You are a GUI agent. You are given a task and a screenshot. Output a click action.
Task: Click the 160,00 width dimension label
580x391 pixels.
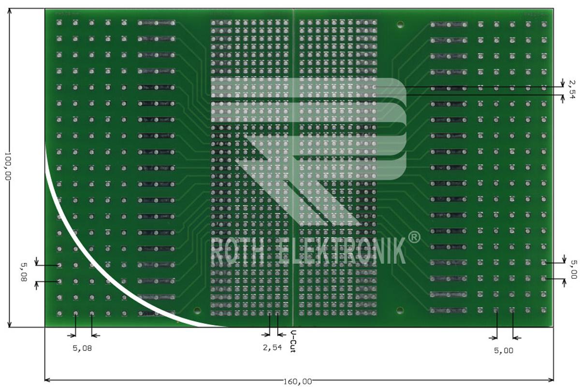[298, 382]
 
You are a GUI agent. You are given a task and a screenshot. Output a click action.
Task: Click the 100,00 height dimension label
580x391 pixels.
[7, 167]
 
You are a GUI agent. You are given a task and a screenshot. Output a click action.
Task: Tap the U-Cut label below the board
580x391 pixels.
[293, 341]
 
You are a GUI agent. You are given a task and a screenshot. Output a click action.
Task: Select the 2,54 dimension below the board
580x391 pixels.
[272, 348]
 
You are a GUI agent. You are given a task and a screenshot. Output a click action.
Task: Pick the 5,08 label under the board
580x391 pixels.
[82, 348]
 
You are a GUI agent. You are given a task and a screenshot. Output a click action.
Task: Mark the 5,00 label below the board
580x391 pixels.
[504, 351]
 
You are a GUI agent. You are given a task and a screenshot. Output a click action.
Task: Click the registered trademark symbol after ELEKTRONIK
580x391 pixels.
[414, 237]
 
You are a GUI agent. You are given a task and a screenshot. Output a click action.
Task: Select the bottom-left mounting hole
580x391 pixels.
[196, 310]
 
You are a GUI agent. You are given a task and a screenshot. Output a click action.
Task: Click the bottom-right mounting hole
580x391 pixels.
[400, 310]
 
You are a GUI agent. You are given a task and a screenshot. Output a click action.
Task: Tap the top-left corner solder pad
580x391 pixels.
[59, 22]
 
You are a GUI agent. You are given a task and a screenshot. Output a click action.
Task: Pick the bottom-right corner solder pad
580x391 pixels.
[544, 310]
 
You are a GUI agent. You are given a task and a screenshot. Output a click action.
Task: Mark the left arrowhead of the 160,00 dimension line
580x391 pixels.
[46, 379]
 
